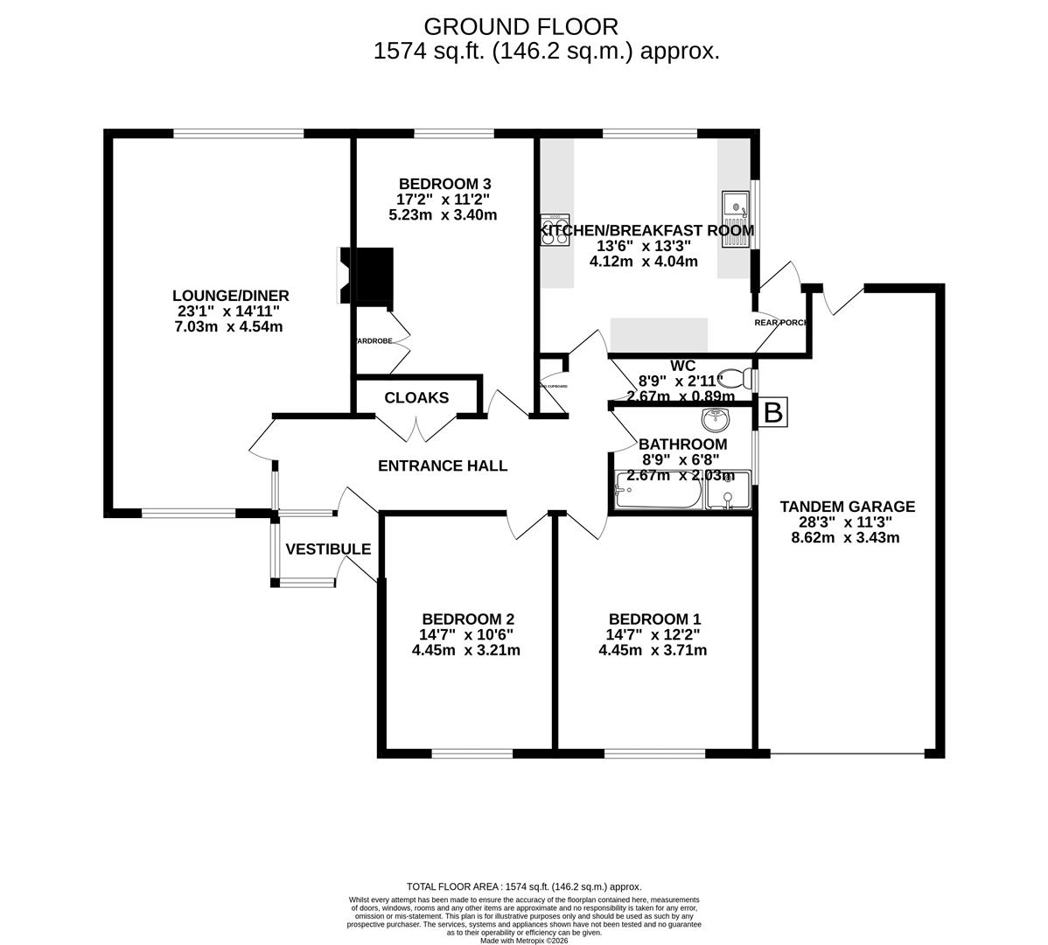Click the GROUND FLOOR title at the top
pos(521,27)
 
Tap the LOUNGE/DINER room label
pos(230,296)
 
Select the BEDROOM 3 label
pos(444,184)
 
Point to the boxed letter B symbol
pos(773,412)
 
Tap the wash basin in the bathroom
pos(716,419)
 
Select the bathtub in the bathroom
pos(658,491)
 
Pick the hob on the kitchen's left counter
pos(555,230)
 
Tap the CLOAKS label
pos(416,398)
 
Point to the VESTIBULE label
pos(328,549)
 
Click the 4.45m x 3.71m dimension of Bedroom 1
pos(653,650)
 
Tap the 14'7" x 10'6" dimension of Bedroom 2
pos(465,634)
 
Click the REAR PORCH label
pos(781,322)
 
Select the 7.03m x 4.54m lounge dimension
pos(228,327)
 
